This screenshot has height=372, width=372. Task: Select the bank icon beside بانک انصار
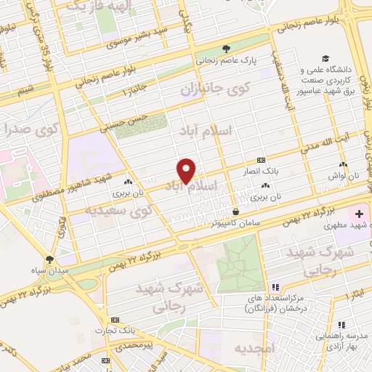pos(261,160)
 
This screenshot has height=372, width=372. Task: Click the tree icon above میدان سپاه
pos(50,259)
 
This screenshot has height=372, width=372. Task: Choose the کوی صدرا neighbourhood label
pos(29,131)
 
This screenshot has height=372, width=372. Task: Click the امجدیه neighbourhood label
pos(252,348)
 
